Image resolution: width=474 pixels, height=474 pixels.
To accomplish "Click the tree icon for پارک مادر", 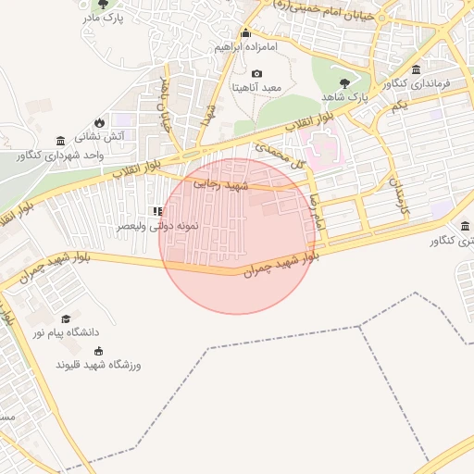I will tap(115, 5).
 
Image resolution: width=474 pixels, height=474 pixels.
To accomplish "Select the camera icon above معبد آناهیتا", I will tap(256, 74).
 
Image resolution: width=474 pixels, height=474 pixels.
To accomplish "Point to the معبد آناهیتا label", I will tap(258, 87).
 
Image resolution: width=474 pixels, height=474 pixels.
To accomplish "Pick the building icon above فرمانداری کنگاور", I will tap(416, 71).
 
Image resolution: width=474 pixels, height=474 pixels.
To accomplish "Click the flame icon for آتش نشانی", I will tap(100, 122).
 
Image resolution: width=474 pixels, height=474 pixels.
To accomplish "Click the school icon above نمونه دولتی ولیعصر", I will tap(156, 212).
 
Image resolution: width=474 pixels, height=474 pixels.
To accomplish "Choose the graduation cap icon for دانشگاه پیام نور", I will tap(65, 318).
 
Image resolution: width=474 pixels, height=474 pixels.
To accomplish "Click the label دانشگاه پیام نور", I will tap(67, 331).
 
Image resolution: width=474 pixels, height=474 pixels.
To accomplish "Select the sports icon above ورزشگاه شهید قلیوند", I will tap(99, 352).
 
